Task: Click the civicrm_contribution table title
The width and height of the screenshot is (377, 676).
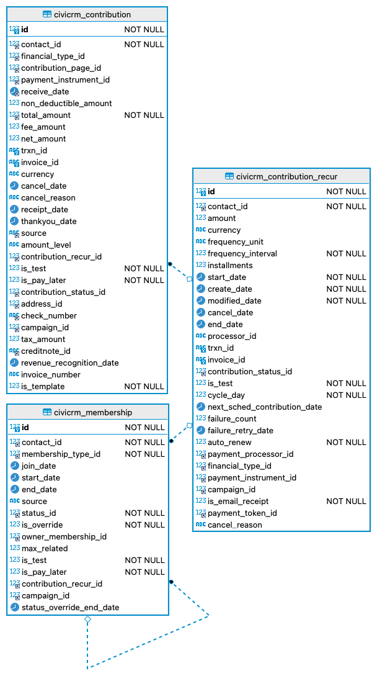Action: click(92, 14)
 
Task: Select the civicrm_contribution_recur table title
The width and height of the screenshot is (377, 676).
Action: click(286, 176)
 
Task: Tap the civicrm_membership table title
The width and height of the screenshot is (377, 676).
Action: click(93, 412)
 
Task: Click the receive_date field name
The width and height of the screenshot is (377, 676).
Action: click(45, 92)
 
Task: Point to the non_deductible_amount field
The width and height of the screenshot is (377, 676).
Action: click(66, 104)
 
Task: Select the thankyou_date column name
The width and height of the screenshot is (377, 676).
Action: click(49, 222)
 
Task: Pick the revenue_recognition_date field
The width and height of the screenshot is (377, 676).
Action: click(69, 363)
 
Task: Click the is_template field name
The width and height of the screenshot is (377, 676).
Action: click(43, 387)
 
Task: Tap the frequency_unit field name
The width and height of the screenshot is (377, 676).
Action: click(236, 242)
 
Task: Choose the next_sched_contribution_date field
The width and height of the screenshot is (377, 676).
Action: click(265, 407)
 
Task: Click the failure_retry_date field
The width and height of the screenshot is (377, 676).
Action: click(241, 431)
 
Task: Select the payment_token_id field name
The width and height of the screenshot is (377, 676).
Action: click(242, 513)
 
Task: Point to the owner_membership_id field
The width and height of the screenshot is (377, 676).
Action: click(64, 537)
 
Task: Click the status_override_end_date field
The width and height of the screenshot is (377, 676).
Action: click(71, 608)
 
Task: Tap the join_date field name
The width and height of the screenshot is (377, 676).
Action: click(38, 466)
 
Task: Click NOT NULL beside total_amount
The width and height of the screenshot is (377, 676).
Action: click(144, 115)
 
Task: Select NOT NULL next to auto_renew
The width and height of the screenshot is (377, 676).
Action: click(346, 443)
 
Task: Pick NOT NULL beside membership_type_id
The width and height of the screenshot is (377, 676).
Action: click(144, 454)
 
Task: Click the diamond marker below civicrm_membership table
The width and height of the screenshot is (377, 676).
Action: click(87, 620)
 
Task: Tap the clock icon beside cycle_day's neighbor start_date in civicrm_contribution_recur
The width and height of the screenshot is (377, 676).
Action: click(201, 277)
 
